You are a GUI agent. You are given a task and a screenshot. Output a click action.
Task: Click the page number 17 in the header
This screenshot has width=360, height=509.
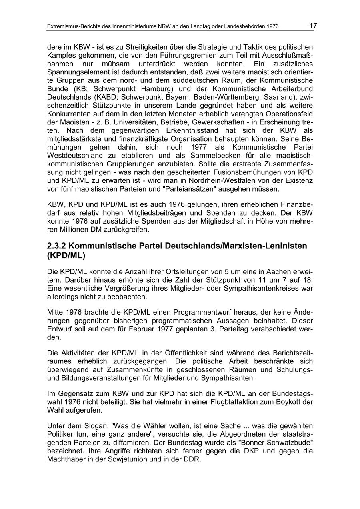coord(313,26)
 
